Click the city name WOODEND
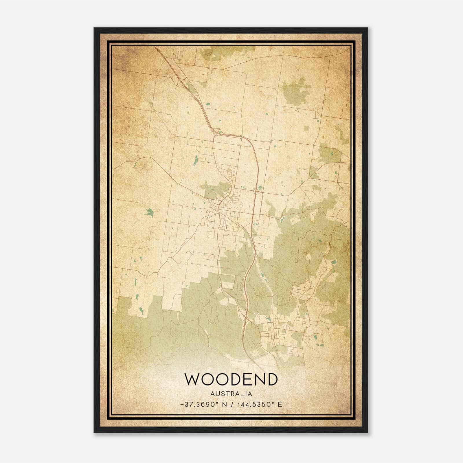[x=231, y=379]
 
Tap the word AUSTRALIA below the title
[x=231, y=394]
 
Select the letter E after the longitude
[x=280, y=404]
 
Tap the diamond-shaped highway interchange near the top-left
[x=182, y=82]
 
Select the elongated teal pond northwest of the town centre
[x=195, y=159]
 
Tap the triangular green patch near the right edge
[x=313, y=172]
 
